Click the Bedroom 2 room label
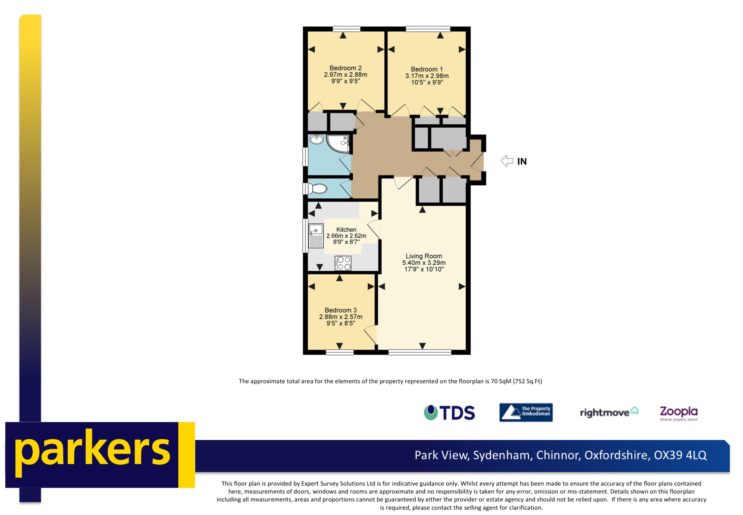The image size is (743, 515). pyautogui.click(x=345, y=68)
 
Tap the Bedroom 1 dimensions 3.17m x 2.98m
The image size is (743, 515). pyautogui.click(x=427, y=76)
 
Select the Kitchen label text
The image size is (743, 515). pyautogui.click(x=346, y=229)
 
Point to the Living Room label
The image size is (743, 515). pyautogui.click(x=424, y=256)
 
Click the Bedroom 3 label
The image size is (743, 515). pyautogui.click(x=340, y=310)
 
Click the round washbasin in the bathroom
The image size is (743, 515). pyautogui.click(x=316, y=139)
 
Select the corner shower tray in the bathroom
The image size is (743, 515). pyautogui.click(x=338, y=143)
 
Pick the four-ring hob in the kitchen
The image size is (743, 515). pyautogui.click(x=343, y=263)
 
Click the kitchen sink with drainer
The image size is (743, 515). pyautogui.click(x=316, y=236)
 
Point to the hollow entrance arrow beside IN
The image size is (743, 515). pyautogui.click(x=507, y=161)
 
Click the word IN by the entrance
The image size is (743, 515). pyautogui.click(x=522, y=162)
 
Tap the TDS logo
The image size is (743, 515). pyautogui.click(x=449, y=413)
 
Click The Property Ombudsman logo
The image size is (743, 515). pyautogui.click(x=526, y=413)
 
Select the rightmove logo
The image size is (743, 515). pyautogui.click(x=609, y=412)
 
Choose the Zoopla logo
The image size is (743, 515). pyautogui.click(x=678, y=413)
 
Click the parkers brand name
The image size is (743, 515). pyautogui.click(x=92, y=452)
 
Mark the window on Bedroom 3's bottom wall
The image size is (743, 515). pyautogui.click(x=339, y=352)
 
